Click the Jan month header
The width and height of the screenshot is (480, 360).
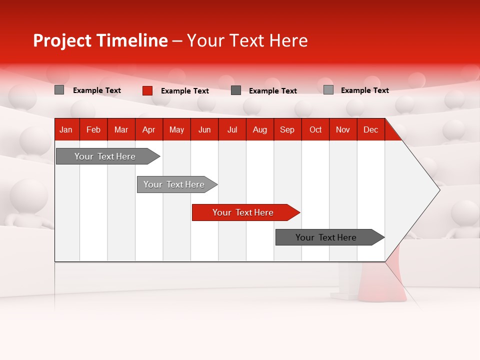click(66, 130)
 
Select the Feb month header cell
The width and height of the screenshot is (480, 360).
click(93, 130)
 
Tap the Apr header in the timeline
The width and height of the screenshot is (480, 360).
click(148, 130)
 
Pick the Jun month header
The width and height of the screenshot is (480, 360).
click(204, 130)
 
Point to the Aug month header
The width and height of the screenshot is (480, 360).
click(259, 130)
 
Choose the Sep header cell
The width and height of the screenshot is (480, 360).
click(287, 130)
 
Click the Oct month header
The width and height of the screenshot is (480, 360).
click(315, 130)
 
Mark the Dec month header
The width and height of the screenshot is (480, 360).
click(370, 130)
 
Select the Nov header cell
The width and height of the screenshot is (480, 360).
click(343, 130)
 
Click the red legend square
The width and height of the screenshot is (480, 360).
click(147, 90)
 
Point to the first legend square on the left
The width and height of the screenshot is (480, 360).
click(59, 90)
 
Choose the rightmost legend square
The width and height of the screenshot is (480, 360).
click(328, 90)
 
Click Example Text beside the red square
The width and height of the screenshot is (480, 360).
click(184, 91)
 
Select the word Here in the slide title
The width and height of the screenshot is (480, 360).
click(288, 40)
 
